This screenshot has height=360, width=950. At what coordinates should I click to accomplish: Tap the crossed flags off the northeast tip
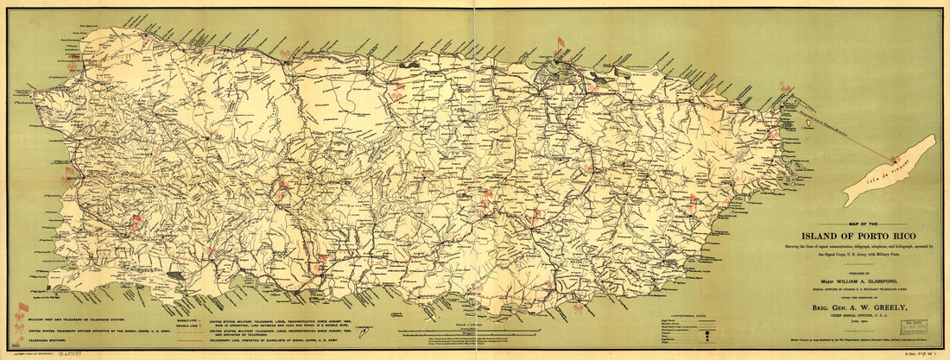click(786, 89)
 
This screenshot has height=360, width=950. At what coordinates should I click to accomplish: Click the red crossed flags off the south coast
click(578, 307)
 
